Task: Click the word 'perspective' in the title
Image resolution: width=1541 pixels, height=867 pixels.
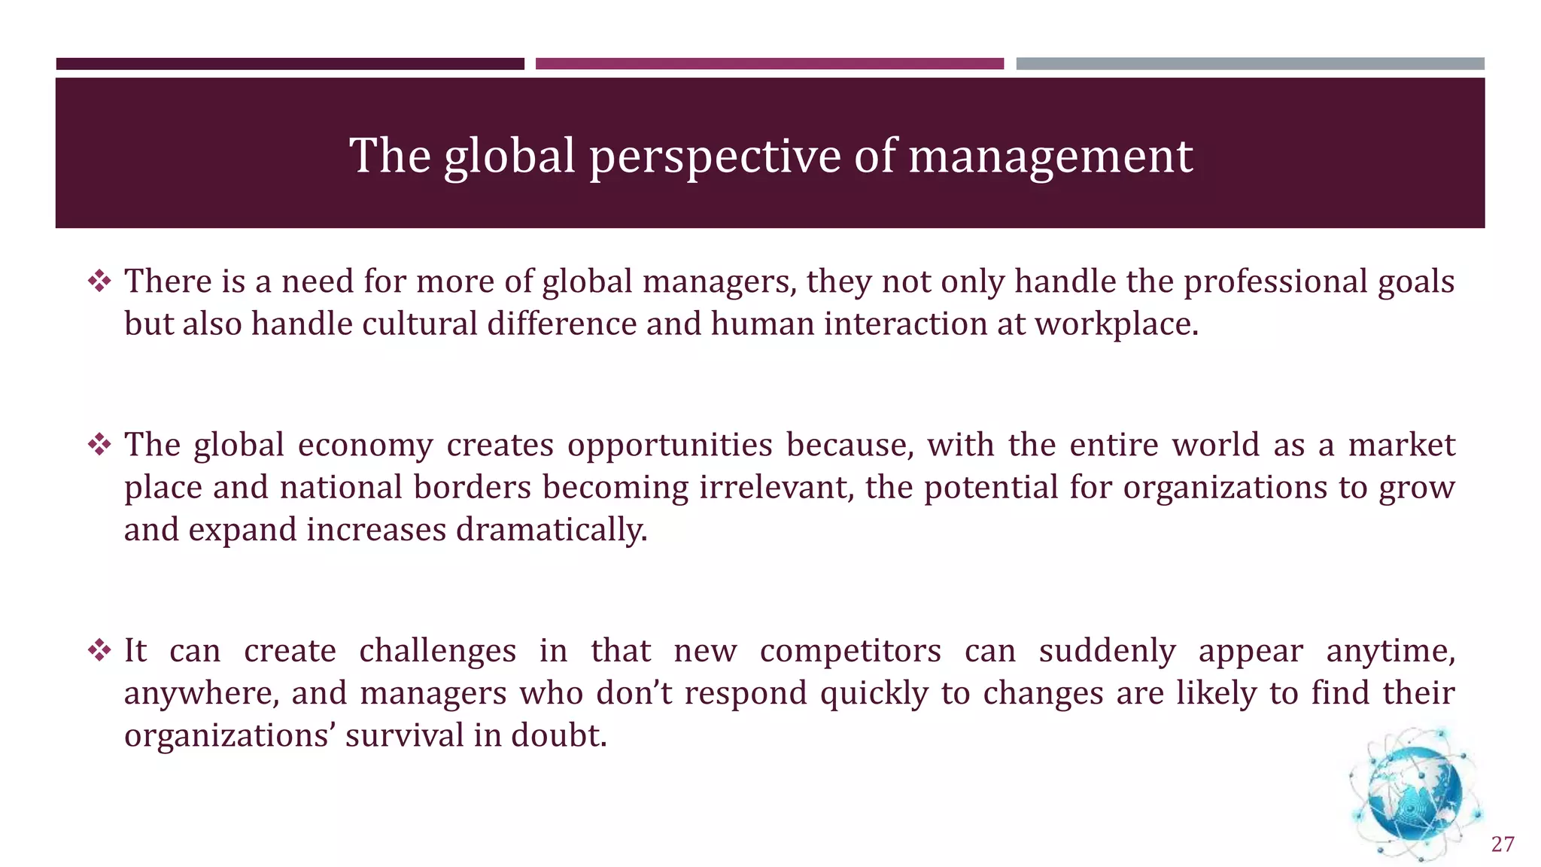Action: (715, 157)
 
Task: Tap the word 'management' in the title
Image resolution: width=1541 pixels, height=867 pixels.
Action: (1050, 157)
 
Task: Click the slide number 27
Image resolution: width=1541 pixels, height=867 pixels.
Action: (1502, 844)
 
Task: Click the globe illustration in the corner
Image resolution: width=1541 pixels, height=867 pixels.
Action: (1415, 795)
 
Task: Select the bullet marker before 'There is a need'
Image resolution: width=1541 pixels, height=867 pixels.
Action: (99, 281)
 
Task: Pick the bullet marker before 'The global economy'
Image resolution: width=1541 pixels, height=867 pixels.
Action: (99, 445)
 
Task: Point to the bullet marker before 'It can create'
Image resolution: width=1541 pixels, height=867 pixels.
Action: (99, 650)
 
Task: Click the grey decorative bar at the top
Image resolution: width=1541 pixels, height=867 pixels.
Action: (1250, 64)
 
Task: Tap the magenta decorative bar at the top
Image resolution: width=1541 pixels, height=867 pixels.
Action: (769, 64)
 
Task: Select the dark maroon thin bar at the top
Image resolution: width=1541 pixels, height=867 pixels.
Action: (290, 64)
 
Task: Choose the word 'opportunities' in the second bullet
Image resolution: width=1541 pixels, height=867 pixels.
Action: (670, 445)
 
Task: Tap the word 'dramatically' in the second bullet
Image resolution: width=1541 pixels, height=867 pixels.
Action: (552, 530)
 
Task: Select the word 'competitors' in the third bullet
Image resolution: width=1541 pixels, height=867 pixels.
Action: (850, 650)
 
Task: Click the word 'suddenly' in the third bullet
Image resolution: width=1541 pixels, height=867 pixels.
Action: (1107, 650)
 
